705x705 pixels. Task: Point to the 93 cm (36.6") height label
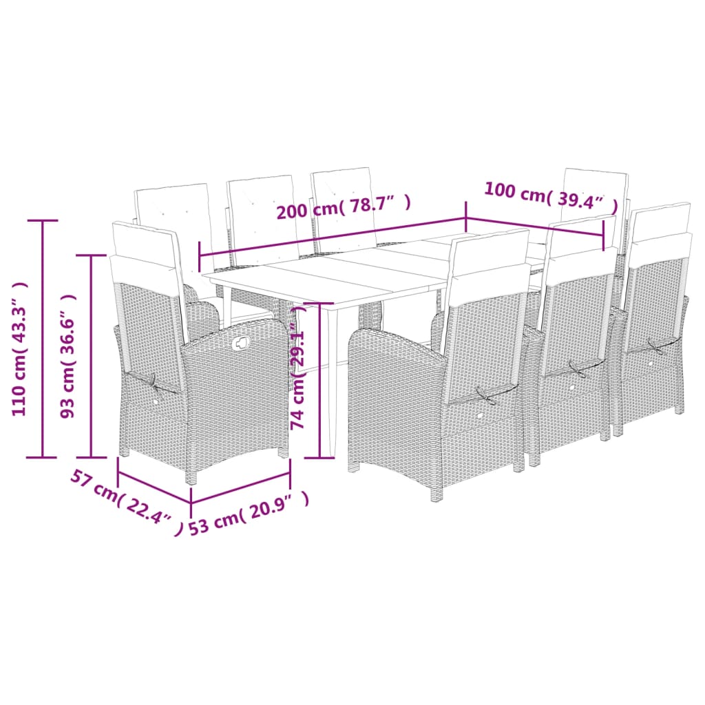tap(68, 356)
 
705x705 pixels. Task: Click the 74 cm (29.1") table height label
tap(297, 375)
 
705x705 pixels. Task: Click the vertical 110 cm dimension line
tap(43, 337)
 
